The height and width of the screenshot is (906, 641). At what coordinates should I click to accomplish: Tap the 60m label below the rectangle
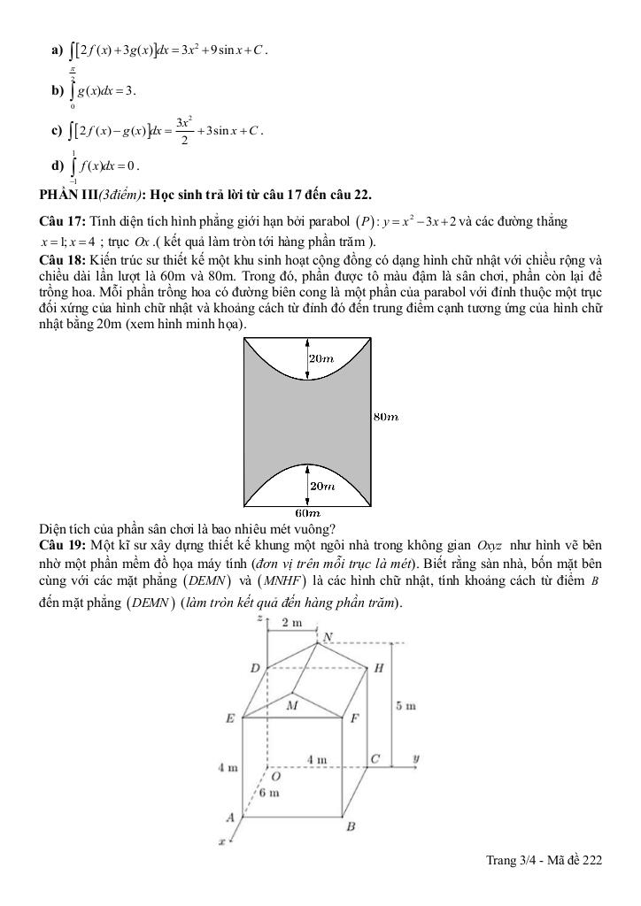[307, 513]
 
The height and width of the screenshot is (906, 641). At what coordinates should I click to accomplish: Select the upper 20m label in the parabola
[320, 358]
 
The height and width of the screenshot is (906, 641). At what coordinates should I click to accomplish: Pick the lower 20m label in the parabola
[320, 487]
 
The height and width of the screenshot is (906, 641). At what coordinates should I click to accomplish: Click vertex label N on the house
[328, 637]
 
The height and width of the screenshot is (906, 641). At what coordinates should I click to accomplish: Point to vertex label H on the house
[378, 668]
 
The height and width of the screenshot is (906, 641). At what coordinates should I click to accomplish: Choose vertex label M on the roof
[292, 705]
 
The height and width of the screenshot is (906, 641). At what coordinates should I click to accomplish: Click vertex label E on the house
[231, 719]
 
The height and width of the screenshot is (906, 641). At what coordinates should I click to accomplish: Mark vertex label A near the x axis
[230, 818]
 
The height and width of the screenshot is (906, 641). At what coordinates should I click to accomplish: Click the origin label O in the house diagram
[275, 776]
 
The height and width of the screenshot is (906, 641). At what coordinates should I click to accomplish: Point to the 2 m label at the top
[292, 623]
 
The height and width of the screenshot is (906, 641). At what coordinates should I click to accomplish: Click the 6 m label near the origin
[269, 793]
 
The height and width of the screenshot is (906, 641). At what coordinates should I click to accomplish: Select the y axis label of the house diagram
[416, 758]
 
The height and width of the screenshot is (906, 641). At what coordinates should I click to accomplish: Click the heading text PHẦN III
[67, 194]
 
